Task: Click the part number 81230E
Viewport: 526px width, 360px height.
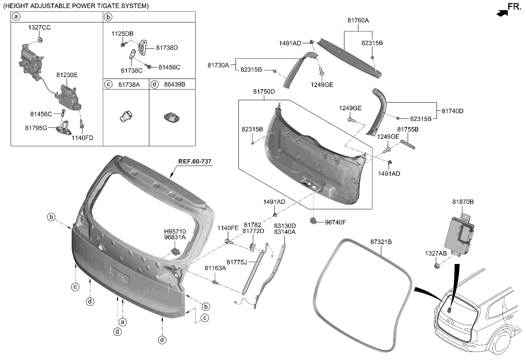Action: (67, 75)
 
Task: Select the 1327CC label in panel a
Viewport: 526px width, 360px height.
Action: (39, 27)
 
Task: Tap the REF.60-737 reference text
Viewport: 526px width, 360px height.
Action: (195, 162)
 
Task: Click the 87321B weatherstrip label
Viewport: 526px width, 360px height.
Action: (381, 242)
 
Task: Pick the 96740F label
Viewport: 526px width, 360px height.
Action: (336, 222)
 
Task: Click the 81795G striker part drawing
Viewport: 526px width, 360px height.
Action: (66, 127)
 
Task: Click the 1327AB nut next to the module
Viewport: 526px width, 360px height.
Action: (436, 266)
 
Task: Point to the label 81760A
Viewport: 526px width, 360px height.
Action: (358, 20)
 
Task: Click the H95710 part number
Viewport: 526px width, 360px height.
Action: (175, 231)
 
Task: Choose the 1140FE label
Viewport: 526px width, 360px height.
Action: (228, 228)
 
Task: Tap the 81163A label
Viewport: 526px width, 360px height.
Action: (215, 268)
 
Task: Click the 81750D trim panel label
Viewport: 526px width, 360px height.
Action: (264, 92)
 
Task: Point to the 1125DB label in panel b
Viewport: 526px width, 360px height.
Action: (122, 34)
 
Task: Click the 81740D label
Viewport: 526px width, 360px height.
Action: (453, 111)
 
